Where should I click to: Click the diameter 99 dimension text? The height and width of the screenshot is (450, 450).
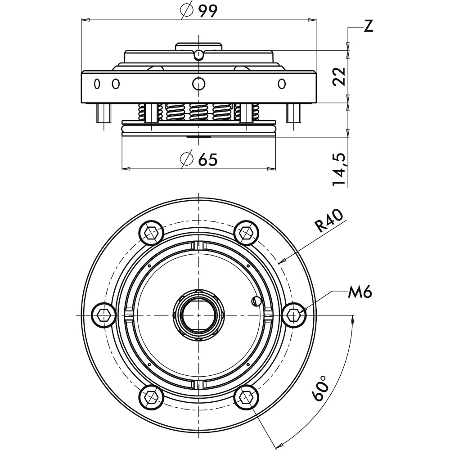coord(199,11)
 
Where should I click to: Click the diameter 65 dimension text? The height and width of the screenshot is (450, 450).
coord(199,159)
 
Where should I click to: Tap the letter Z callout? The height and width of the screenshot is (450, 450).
coord(368,26)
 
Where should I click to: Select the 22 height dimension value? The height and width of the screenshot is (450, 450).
coord(339,76)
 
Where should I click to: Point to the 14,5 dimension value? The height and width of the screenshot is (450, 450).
coord(339,169)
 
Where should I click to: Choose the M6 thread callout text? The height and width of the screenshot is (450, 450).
coord(360,292)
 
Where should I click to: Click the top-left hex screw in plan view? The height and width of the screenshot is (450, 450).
coord(151,233)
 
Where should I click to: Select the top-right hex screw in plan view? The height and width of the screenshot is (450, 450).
coord(247,233)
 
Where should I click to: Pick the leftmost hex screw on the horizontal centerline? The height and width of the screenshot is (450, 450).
coord(103,315)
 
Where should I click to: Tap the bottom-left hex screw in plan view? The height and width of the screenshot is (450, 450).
coord(151,397)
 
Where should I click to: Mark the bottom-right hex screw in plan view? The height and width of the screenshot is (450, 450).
coord(247,397)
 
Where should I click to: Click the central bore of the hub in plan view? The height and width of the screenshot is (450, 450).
coord(199,315)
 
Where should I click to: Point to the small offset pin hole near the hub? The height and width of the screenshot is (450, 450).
coord(256,301)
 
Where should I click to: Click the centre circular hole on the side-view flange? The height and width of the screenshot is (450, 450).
coord(198,84)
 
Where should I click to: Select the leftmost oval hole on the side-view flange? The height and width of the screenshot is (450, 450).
coord(97,84)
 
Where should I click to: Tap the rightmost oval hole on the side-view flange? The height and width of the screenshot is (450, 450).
coord(282,84)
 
